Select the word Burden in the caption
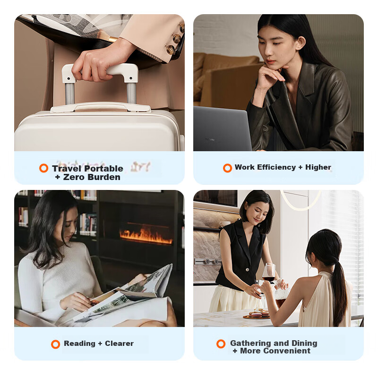point(103,177)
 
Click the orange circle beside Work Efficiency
point(227,168)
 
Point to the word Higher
point(318,167)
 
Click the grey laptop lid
point(222,129)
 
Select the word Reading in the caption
point(79,344)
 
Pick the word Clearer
point(119,344)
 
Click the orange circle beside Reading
point(55,344)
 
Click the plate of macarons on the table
point(257,315)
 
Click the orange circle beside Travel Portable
point(43,168)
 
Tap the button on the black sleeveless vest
point(247,269)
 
